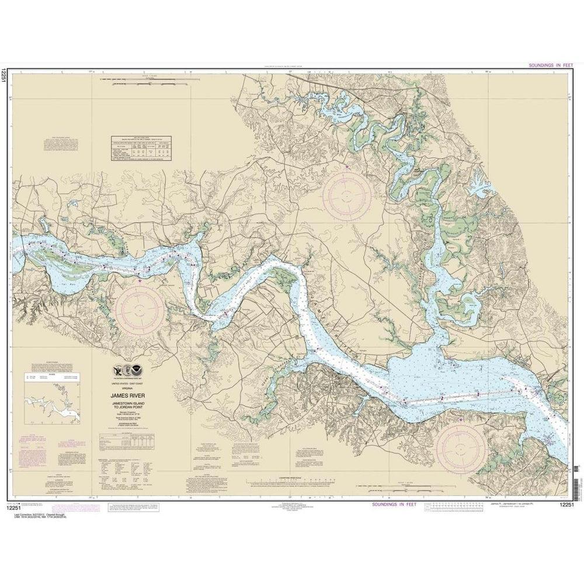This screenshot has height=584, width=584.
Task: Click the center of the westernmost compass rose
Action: click(x=140, y=307)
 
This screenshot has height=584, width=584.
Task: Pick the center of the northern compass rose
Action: click(x=347, y=193)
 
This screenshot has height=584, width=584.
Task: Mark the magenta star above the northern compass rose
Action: click(x=348, y=168)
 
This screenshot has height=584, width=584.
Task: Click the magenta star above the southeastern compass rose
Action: click(x=461, y=420)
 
